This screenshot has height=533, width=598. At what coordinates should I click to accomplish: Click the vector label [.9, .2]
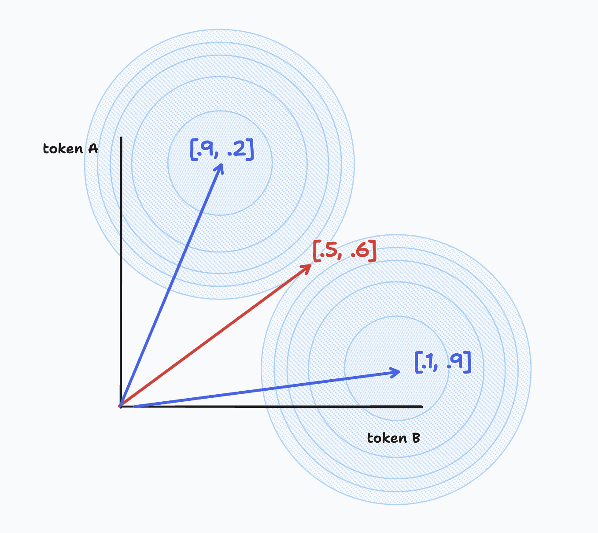pyautogui.click(x=222, y=149)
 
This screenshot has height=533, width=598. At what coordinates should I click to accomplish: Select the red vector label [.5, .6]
pyautogui.click(x=344, y=251)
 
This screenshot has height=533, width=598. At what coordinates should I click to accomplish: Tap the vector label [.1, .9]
pyautogui.click(x=443, y=363)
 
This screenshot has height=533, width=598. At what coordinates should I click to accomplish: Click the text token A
pyautogui.click(x=70, y=148)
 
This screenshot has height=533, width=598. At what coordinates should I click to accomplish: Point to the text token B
pyautogui.click(x=393, y=438)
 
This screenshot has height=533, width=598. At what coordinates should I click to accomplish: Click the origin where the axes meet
pyautogui.click(x=121, y=407)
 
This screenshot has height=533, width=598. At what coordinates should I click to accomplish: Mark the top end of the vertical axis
pyautogui.click(x=121, y=137)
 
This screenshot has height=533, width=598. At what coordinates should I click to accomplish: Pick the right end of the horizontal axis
pyautogui.click(x=422, y=407)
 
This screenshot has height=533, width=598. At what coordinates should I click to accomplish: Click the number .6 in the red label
pyautogui.click(x=360, y=250)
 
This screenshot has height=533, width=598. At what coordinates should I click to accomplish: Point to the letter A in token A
pyautogui.click(x=93, y=148)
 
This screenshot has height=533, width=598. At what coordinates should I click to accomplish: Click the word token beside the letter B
pyautogui.click(x=387, y=438)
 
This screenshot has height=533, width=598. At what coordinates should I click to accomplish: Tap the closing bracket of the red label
pyautogui.click(x=373, y=251)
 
